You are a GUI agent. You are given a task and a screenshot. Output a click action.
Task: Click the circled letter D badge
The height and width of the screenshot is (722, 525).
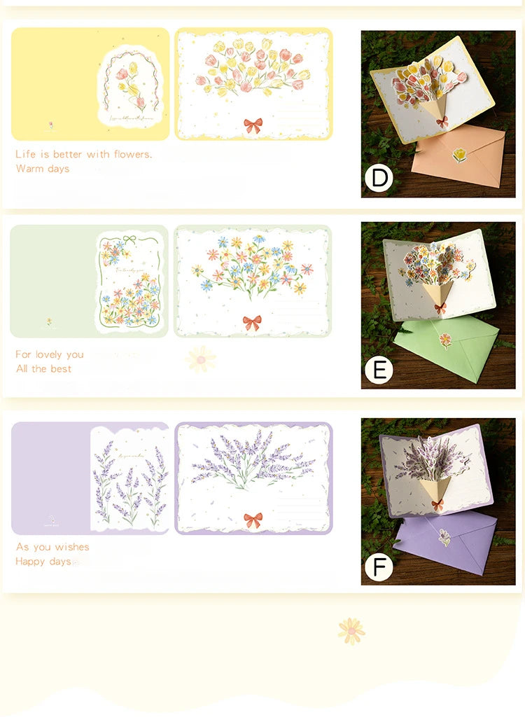tap(379, 178)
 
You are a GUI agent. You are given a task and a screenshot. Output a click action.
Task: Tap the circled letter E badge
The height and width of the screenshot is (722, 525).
tap(379, 370)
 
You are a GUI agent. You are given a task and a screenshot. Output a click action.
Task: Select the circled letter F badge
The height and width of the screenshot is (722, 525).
tap(379, 566)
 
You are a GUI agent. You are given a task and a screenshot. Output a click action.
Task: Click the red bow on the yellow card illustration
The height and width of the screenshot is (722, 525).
tap(253, 125)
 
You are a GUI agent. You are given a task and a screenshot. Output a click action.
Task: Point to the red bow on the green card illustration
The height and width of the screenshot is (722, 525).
tap(252, 323)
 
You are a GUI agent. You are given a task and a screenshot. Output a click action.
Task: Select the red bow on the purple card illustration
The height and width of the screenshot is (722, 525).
tap(253, 520)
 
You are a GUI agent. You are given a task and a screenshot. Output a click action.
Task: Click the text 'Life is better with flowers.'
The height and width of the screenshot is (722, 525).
tap(83, 154)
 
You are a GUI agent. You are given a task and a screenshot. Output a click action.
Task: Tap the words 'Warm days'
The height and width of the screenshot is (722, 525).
tap(43, 169)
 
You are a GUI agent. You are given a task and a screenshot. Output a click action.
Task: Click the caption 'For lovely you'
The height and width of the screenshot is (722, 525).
tap(50, 354)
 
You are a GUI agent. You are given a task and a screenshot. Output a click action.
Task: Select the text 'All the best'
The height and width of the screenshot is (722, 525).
tap(43, 369)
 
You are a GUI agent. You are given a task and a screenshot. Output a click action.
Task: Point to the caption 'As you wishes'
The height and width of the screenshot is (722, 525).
tap(52, 547)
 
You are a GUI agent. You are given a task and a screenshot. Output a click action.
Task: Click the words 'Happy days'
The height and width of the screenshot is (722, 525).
tap(43, 562)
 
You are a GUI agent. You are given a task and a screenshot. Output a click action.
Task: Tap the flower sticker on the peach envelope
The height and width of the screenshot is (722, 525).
tap(459, 155)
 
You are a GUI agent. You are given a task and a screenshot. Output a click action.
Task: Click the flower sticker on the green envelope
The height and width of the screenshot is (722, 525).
tap(444, 340)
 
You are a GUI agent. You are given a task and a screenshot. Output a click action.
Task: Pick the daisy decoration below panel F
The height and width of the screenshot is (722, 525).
tap(351, 631)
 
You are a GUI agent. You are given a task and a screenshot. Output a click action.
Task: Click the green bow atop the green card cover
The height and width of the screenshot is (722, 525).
tap(130, 241)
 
